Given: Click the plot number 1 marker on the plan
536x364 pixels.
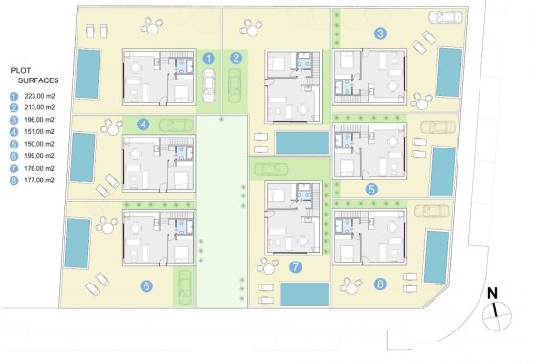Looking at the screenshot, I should tap(209, 59).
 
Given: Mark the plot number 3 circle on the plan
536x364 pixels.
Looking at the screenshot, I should tap(381, 34).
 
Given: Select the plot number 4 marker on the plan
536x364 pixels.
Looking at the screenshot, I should tap(143, 124).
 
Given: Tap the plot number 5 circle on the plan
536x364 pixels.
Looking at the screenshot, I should tap(372, 189).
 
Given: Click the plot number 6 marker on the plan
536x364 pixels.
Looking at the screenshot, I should tap(145, 284).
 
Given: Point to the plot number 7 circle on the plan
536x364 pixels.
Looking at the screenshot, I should tap(296, 267).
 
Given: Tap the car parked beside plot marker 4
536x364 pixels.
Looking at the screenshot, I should tap(178, 124).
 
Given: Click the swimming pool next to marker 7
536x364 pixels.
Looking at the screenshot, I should tap(305, 293).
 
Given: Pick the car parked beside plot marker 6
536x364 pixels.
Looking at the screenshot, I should tap(184, 284).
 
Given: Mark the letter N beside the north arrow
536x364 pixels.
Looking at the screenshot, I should tap(491, 293).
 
